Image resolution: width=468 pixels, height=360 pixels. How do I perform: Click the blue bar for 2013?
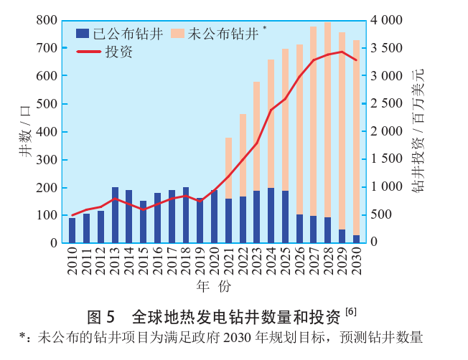point(115,215)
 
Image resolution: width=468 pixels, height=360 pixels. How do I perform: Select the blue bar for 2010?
point(72,230)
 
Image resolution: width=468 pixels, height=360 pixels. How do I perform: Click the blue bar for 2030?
point(356,239)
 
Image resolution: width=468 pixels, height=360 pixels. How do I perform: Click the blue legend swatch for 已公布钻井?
point(83,33)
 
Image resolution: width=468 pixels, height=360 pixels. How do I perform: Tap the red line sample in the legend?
point(89,52)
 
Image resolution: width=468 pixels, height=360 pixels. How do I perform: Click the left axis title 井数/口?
point(26,131)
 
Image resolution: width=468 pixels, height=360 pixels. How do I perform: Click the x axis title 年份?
point(214,287)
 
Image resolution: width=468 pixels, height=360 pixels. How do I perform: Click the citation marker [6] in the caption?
point(350,311)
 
